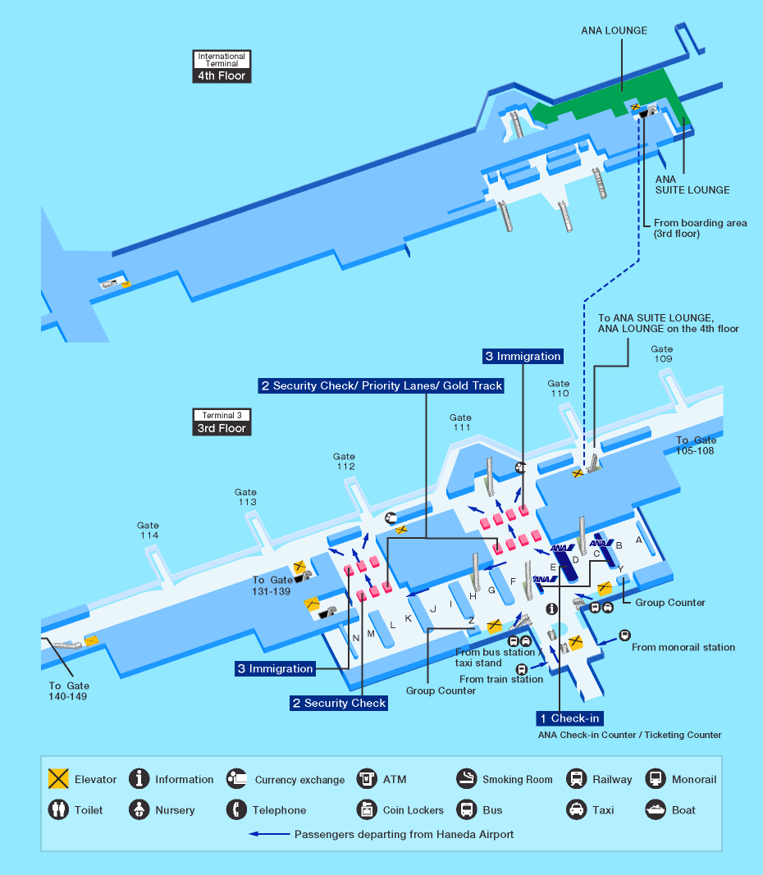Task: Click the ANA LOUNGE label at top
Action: (614, 31)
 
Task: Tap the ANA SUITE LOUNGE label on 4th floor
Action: (692, 184)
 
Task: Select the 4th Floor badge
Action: (221, 76)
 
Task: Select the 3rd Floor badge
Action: (221, 428)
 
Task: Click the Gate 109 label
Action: (663, 354)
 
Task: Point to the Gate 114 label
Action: (148, 531)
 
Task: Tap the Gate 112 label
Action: (345, 462)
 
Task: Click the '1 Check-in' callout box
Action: (569, 718)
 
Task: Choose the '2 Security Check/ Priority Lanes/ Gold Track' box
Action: (381, 385)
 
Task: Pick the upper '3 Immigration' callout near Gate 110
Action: (523, 356)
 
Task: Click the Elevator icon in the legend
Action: (58, 779)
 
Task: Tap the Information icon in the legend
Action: (140, 779)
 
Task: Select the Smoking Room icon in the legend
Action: (467, 779)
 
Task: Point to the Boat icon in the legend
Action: (656, 810)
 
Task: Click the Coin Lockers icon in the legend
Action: (366, 810)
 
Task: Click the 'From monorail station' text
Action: (683, 647)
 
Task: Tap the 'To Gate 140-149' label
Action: (69, 690)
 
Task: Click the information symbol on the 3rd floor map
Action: (551, 608)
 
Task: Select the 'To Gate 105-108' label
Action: (696, 445)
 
